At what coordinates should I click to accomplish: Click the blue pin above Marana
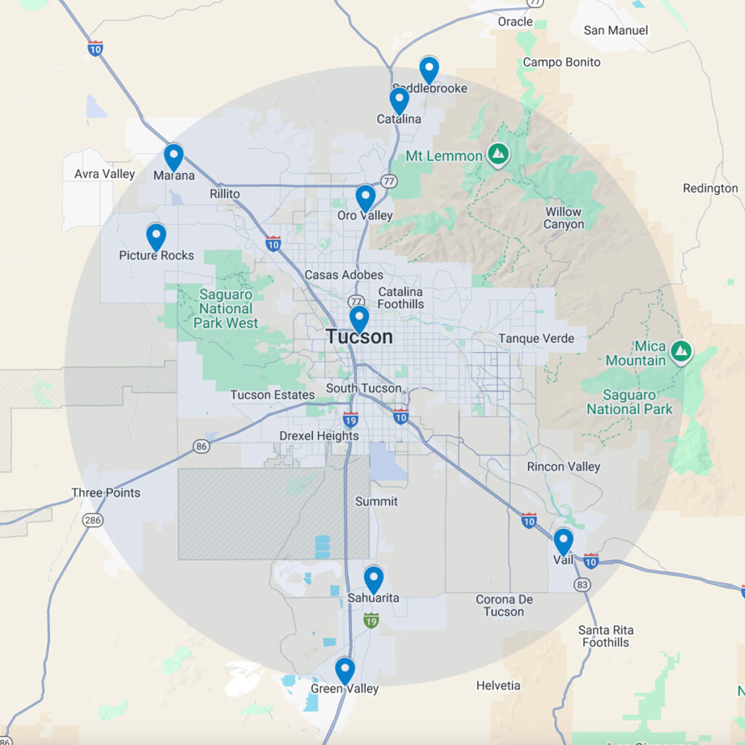[x=173, y=156]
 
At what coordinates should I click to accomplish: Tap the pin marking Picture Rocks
[x=156, y=236]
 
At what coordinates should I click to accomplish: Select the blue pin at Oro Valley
[x=365, y=197]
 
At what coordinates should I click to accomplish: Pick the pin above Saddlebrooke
[x=429, y=70]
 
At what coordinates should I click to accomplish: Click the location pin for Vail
[x=563, y=541]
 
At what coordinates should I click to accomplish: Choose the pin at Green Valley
[x=345, y=670]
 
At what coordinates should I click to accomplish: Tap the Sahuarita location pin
[x=373, y=579]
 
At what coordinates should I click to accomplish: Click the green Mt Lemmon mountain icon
[x=498, y=154]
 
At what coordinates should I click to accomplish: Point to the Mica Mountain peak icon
[x=681, y=352]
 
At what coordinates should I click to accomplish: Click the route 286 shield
[x=93, y=520]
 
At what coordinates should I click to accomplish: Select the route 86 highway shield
[x=202, y=445]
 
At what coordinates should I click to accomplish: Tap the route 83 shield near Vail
[x=581, y=584]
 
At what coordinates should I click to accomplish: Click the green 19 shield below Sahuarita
[x=371, y=621]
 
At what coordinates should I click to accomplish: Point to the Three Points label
[x=105, y=493]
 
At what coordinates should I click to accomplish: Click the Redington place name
[x=710, y=188]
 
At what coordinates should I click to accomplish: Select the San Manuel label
[x=615, y=31]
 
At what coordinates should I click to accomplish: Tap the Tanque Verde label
[x=536, y=338]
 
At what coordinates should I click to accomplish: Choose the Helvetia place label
[x=498, y=685]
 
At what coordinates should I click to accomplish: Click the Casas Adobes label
[x=343, y=275]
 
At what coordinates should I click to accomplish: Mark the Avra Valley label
[x=105, y=174]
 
